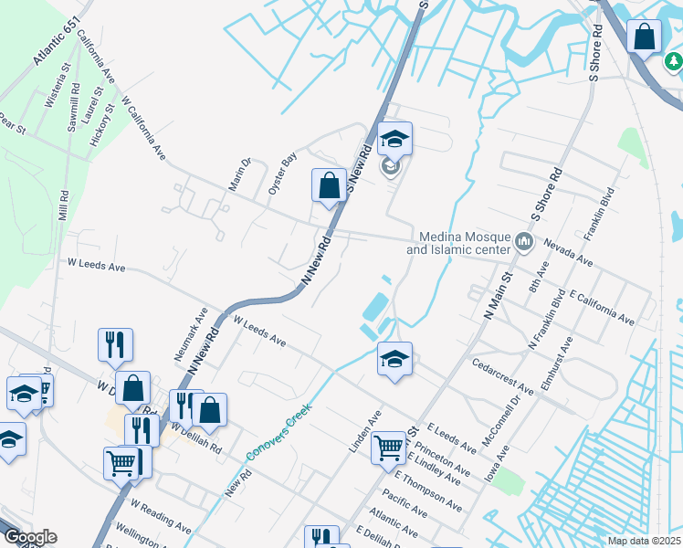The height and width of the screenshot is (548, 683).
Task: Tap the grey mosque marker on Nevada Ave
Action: click(524, 242)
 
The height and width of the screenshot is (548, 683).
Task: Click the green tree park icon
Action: click(673, 61)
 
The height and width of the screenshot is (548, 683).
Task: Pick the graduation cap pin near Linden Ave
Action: click(394, 359)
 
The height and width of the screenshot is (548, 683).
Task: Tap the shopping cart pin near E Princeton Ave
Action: click(389, 448)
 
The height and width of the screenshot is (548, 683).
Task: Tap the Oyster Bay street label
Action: click(283, 171)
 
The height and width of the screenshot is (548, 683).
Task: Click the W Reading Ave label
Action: click(161, 516)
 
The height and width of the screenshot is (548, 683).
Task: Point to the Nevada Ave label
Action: click(568, 253)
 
